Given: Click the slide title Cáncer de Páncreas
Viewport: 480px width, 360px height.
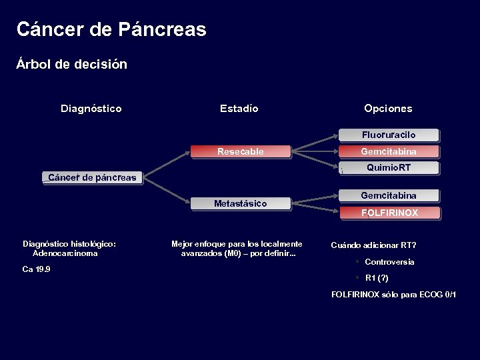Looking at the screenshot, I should [111, 30].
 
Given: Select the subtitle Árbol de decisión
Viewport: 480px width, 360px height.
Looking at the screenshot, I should [72, 65].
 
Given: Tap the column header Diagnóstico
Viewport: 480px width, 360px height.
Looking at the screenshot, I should [91, 109].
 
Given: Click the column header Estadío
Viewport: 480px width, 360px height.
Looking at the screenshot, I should [239, 109].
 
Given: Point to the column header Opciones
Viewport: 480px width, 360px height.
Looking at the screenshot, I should [388, 109].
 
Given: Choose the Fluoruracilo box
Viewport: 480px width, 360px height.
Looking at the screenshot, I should [389, 135].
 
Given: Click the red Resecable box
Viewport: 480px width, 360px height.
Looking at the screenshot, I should [241, 152].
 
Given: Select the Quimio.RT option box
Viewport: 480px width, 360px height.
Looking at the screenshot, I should [389, 168].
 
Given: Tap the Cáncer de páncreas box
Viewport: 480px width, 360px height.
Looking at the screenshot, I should [92, 177].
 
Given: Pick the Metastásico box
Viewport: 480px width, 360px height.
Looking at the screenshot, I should [241, 204].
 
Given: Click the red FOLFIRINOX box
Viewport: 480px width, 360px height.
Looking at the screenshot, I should [389, 213].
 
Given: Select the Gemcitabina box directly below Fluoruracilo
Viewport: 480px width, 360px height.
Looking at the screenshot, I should [389, 152].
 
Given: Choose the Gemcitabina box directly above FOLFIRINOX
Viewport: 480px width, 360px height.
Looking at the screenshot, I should [389, 196].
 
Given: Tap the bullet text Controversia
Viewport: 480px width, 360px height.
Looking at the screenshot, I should [389, 262].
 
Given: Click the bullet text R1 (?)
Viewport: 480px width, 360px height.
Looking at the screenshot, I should [377, 278].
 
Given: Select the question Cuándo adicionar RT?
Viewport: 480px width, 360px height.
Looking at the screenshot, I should [373, 245].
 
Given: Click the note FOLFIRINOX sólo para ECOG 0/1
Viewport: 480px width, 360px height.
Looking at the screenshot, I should [394, 295].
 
